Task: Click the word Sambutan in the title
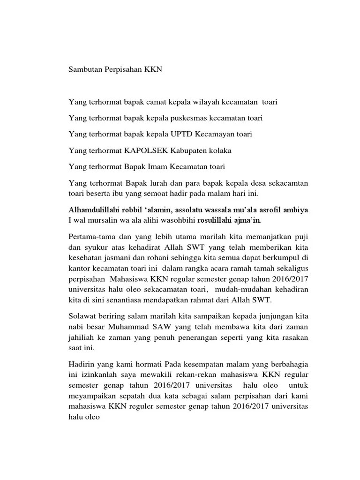(x=85, y=69)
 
